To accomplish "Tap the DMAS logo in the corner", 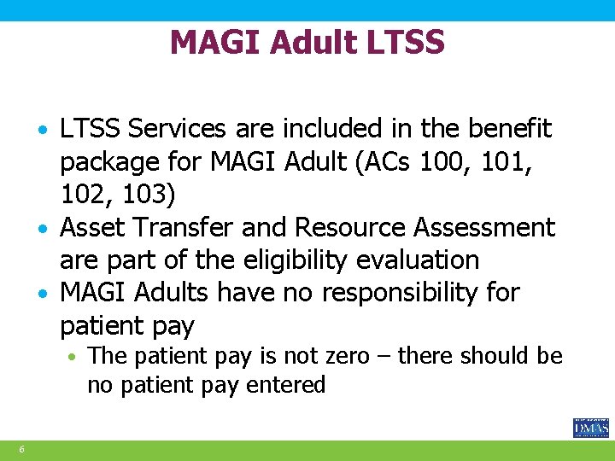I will tap(590, 428).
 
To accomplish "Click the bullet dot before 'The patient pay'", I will tap(76, 356).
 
